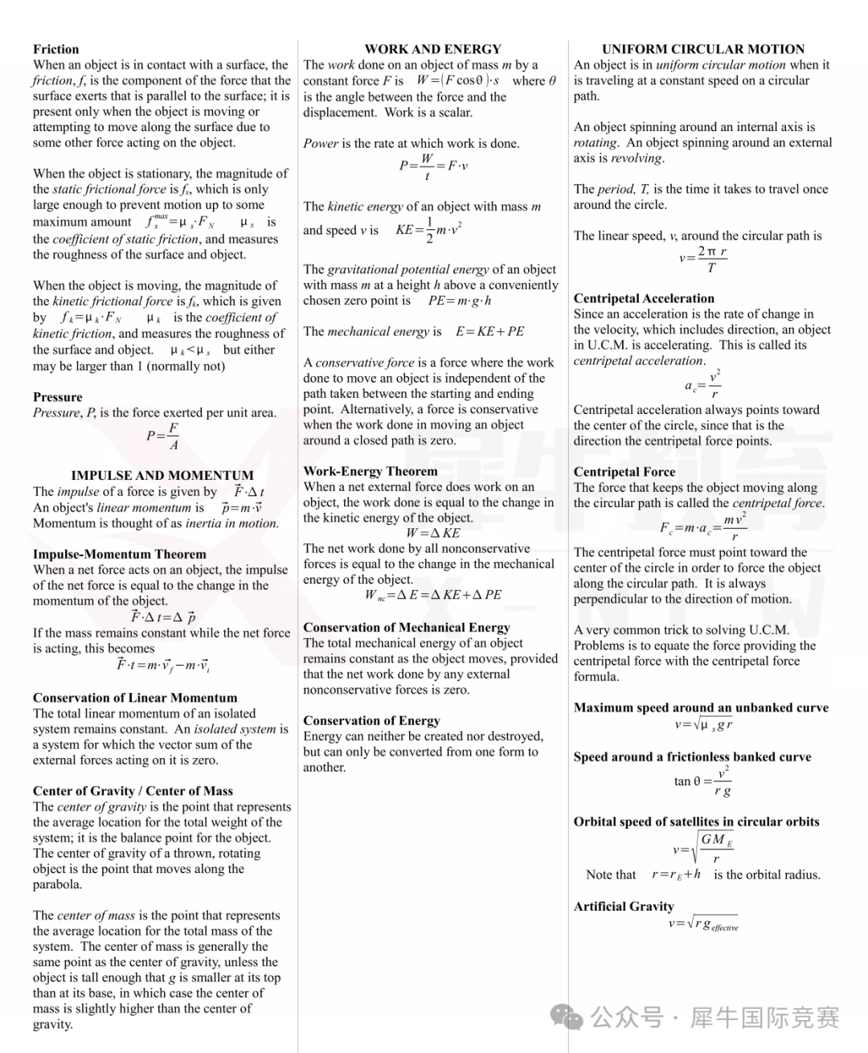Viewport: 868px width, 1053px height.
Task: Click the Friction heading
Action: (55, 49)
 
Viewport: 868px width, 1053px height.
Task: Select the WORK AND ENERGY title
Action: (432, 49)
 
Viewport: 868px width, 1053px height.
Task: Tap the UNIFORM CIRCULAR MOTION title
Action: (702, 49)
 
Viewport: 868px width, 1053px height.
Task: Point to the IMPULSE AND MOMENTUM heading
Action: (162, 475)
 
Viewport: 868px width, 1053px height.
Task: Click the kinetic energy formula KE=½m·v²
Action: (428, 230)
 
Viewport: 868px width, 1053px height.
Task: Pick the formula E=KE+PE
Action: (489, 331)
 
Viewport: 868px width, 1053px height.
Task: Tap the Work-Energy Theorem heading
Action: (370, 472)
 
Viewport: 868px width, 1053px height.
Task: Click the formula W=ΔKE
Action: (432, 533)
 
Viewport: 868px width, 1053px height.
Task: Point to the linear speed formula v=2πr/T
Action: (702, 259)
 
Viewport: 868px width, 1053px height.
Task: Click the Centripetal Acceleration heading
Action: (644, 298)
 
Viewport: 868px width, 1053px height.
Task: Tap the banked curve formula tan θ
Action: (702, 781)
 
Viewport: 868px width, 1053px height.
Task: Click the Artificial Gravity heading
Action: (624, 907)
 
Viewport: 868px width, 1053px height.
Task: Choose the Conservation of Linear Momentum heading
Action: (135, 698)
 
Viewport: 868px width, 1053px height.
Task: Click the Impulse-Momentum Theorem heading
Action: (119, 555)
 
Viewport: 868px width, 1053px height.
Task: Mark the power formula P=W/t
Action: (432, 166)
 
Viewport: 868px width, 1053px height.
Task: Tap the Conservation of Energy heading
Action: (371, 721)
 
